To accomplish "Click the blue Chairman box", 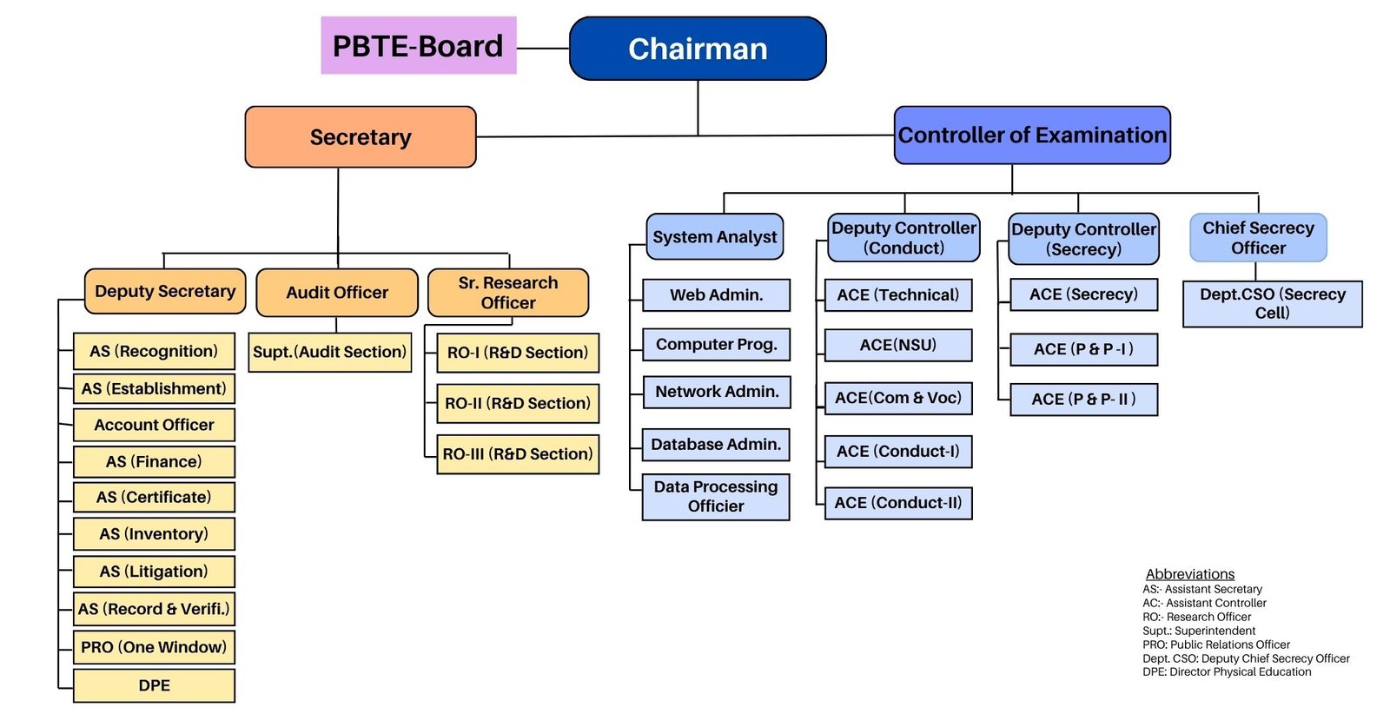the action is [x=698, y=49].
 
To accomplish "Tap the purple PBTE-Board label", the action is [x=418, y=45].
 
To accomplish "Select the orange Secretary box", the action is [x=361, y=137].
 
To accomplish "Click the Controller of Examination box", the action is [x=1032, y=136].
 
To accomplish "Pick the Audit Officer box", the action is [x=337, y=292].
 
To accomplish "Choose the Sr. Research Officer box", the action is [x=508, y=292].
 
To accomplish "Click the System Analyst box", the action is [x=714, y=236].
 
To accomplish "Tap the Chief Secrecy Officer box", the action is [x=1258, y=238].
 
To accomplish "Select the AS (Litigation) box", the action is [x=154, y=572].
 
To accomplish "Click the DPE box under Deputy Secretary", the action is [x=154, y=685].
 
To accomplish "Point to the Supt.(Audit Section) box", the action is [x=329, y=353].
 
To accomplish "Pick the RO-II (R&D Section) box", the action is [x=518, y=403].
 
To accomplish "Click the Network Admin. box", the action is [x=717, y=392].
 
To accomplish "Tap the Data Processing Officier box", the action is [x=716, y=497].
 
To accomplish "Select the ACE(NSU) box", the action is [x=898, y=345].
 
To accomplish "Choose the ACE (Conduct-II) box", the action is [x=898, y=503].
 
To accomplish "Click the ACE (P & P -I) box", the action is [x=1083, y=349].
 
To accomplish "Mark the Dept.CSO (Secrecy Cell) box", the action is [x=1272, y=304].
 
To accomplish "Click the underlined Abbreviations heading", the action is [x=1189, y=574].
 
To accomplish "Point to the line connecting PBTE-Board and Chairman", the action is [x=543, y=48].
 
